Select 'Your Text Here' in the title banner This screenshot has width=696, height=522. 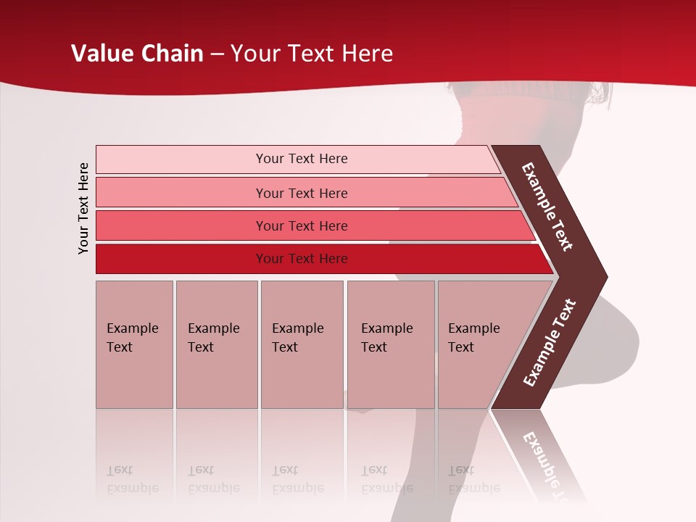(x=312, y=54)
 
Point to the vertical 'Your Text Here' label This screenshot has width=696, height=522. (x=83, y=208)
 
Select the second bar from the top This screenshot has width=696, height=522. (x=302, y=193)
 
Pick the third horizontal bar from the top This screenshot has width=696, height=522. (x=302, y=225)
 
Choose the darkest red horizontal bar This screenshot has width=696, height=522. (x=302, y=259)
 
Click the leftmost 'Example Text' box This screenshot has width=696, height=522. (x=134, y=344)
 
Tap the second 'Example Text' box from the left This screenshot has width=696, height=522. (x=216, y=344)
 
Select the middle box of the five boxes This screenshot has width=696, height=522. (x=302, y=344)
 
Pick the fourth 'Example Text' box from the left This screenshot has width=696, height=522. (x=390, y=344)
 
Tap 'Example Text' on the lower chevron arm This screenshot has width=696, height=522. (x=549, y=343)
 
